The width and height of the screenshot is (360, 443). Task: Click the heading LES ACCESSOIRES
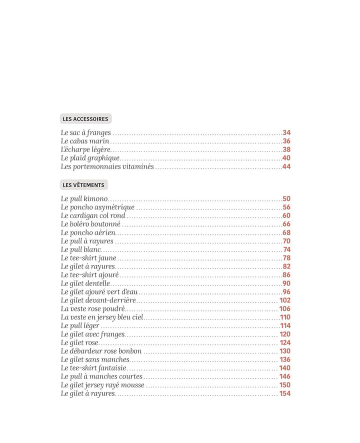click(x=85, y=119)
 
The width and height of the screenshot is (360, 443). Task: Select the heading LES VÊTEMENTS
click(x=83, y=185)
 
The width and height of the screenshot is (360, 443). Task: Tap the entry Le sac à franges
click(x=86, y=133)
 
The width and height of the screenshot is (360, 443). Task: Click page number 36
click(x=286, y=141)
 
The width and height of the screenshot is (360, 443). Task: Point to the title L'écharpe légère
click(x=85, y=149)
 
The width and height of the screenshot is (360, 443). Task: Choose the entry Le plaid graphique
click(x=90, y=158)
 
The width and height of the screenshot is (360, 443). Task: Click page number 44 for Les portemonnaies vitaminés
click(x=286, y=166)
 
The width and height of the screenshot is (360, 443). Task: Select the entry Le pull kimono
click(x=84, y=199)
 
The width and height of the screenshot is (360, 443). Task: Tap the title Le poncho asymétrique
click(x=97, y=207)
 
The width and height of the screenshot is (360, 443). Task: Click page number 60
click(x=286, y=216)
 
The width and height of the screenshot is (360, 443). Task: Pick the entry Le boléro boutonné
click(x=90, y=224)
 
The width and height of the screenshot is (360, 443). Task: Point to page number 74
click(x=287, y=249)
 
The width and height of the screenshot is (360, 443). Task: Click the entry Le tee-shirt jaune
click(x=88, y=258)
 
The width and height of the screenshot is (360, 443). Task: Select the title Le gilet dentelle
click(x=85, y=283)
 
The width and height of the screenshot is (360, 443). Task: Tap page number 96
click(x=286, y=292)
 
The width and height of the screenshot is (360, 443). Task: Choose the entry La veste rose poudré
click(x=93, y=309)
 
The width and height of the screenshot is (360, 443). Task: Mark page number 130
click(x=285, y=351)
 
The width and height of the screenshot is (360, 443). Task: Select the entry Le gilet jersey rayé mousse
click(x=102, y=385)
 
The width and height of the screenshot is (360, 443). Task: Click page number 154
click(x=285, y=393)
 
